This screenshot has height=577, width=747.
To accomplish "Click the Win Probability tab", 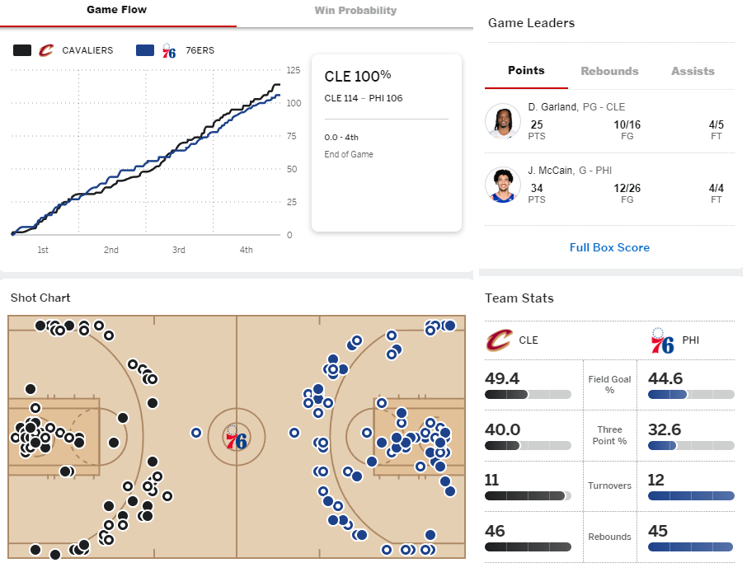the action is point(355,11).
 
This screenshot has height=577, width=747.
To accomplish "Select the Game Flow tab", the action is point(117,10).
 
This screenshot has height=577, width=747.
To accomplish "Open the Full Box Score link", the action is point(609,247).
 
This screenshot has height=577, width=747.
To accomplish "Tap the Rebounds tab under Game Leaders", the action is point(609,71).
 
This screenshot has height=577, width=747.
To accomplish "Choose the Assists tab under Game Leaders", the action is point(693,71).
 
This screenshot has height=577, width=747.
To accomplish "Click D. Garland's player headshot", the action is point(503,121).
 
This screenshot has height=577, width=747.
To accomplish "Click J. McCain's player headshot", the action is point(503,185).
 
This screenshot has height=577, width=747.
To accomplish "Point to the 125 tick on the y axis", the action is point(294,70).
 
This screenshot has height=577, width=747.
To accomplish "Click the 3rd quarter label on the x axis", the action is point(179,250).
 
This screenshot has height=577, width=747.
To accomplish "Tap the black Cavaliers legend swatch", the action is point(22,50).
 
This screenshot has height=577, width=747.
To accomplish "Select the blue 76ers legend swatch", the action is point(145,50).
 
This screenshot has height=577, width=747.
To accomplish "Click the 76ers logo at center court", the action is point(237,437).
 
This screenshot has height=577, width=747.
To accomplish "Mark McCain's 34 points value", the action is point(537,188).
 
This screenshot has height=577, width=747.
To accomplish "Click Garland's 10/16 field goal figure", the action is point(627,124).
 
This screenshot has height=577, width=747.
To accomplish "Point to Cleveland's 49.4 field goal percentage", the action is point(502,378).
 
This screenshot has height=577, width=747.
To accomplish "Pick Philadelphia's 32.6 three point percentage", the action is point(665,429).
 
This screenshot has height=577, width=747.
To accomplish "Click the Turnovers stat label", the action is point(609,486).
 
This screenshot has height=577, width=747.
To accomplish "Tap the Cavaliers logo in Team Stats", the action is point(500,340).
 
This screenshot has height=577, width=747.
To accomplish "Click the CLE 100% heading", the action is point(358,76).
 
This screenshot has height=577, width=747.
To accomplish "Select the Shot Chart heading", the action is point(40,298).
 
